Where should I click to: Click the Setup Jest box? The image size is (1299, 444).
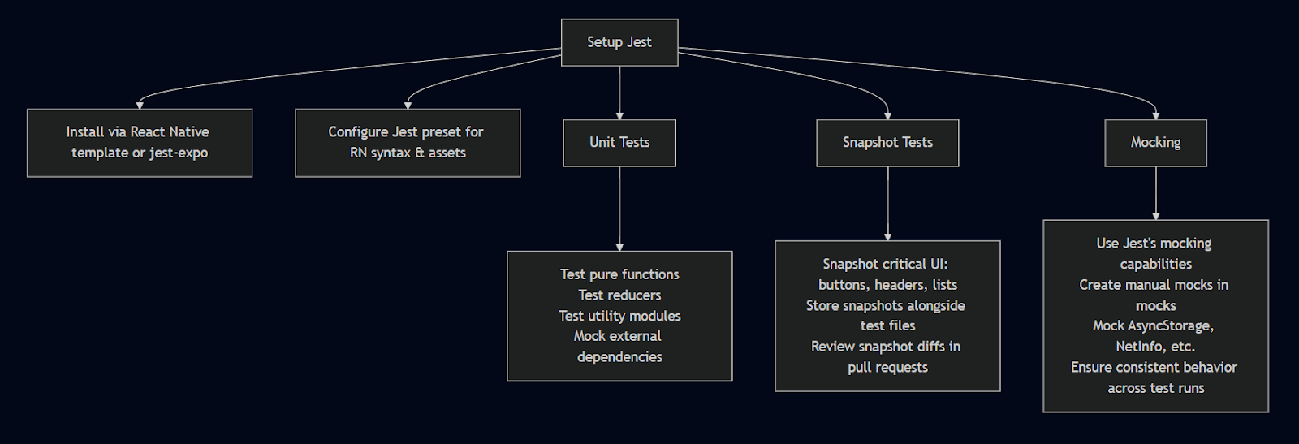[x=619, y=42]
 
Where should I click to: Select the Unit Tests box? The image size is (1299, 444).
[x=619, y=143]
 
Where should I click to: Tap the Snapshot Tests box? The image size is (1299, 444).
[x=887, y=143]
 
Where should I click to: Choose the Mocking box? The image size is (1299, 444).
[x=1156, y=143]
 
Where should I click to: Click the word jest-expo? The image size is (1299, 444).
[x=179, y=153]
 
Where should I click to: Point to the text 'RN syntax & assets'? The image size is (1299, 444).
[x=408, y=153]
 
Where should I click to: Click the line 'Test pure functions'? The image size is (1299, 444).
[x=619, y=274]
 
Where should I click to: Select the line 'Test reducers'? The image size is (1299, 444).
[x=619, y=295]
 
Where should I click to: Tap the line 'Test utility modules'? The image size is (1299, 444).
[x=619, y=316]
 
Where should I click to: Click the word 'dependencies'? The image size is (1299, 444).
[x=619, y=357]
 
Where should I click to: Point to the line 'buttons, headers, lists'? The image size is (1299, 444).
[x=887, y=285]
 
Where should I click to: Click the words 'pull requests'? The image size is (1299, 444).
[x=887, y=368]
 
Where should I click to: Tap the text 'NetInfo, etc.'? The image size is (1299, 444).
[x=1156, y=347]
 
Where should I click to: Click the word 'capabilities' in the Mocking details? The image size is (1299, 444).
[x=1156, y=265]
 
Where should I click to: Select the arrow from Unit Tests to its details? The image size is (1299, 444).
[x=619, y=209]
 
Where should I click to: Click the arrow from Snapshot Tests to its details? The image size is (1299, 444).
[x=887, y=204]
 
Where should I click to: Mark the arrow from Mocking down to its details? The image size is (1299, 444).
[x=1156, y=193]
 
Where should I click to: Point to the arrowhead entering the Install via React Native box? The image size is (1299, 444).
[x=140, y=106]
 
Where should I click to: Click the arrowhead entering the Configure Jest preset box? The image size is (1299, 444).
[x=408, y=106]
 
